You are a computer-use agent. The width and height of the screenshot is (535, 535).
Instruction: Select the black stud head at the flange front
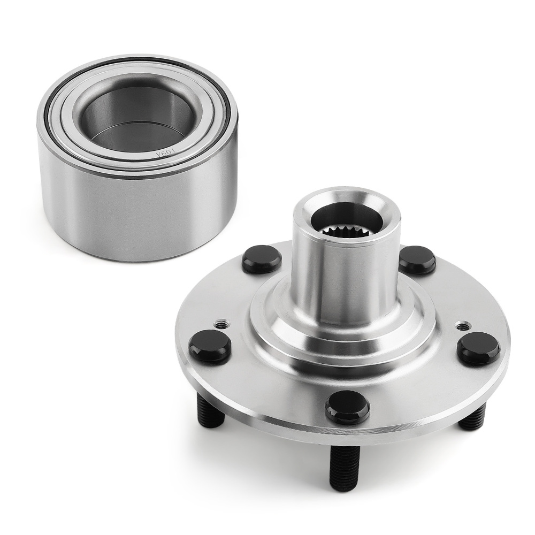coord(347,407)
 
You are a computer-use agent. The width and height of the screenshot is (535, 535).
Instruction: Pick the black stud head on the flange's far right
coord(478,348)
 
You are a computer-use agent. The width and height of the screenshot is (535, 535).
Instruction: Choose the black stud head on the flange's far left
coord(209,345)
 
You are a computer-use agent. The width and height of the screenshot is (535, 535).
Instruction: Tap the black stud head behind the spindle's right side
coord(417,259)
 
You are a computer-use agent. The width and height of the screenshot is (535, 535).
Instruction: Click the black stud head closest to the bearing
coord(262,259)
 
